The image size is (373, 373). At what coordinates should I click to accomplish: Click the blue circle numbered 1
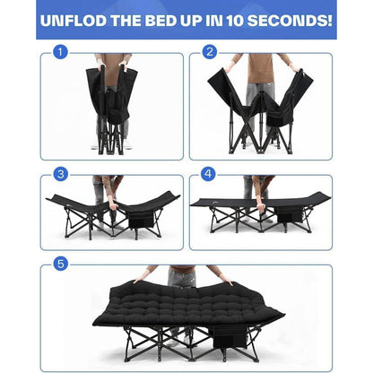60,52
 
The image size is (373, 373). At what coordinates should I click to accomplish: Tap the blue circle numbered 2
210,52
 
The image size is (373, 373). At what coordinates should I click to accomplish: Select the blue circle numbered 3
61,174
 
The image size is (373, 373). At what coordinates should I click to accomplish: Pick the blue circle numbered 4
208,174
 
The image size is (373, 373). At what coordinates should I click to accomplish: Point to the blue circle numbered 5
61,264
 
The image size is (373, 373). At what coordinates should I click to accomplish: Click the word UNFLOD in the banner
74,21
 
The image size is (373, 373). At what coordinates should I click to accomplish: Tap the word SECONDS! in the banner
290,21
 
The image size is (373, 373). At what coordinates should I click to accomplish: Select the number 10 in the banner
235,21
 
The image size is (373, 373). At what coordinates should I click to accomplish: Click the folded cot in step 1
111,109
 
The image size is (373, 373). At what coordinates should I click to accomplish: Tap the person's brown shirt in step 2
260,69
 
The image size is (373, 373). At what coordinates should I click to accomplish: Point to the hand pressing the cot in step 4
261,207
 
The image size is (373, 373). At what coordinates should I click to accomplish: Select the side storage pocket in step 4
289,214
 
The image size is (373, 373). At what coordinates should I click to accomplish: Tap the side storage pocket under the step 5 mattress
229,336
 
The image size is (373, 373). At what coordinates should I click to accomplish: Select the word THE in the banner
126,21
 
